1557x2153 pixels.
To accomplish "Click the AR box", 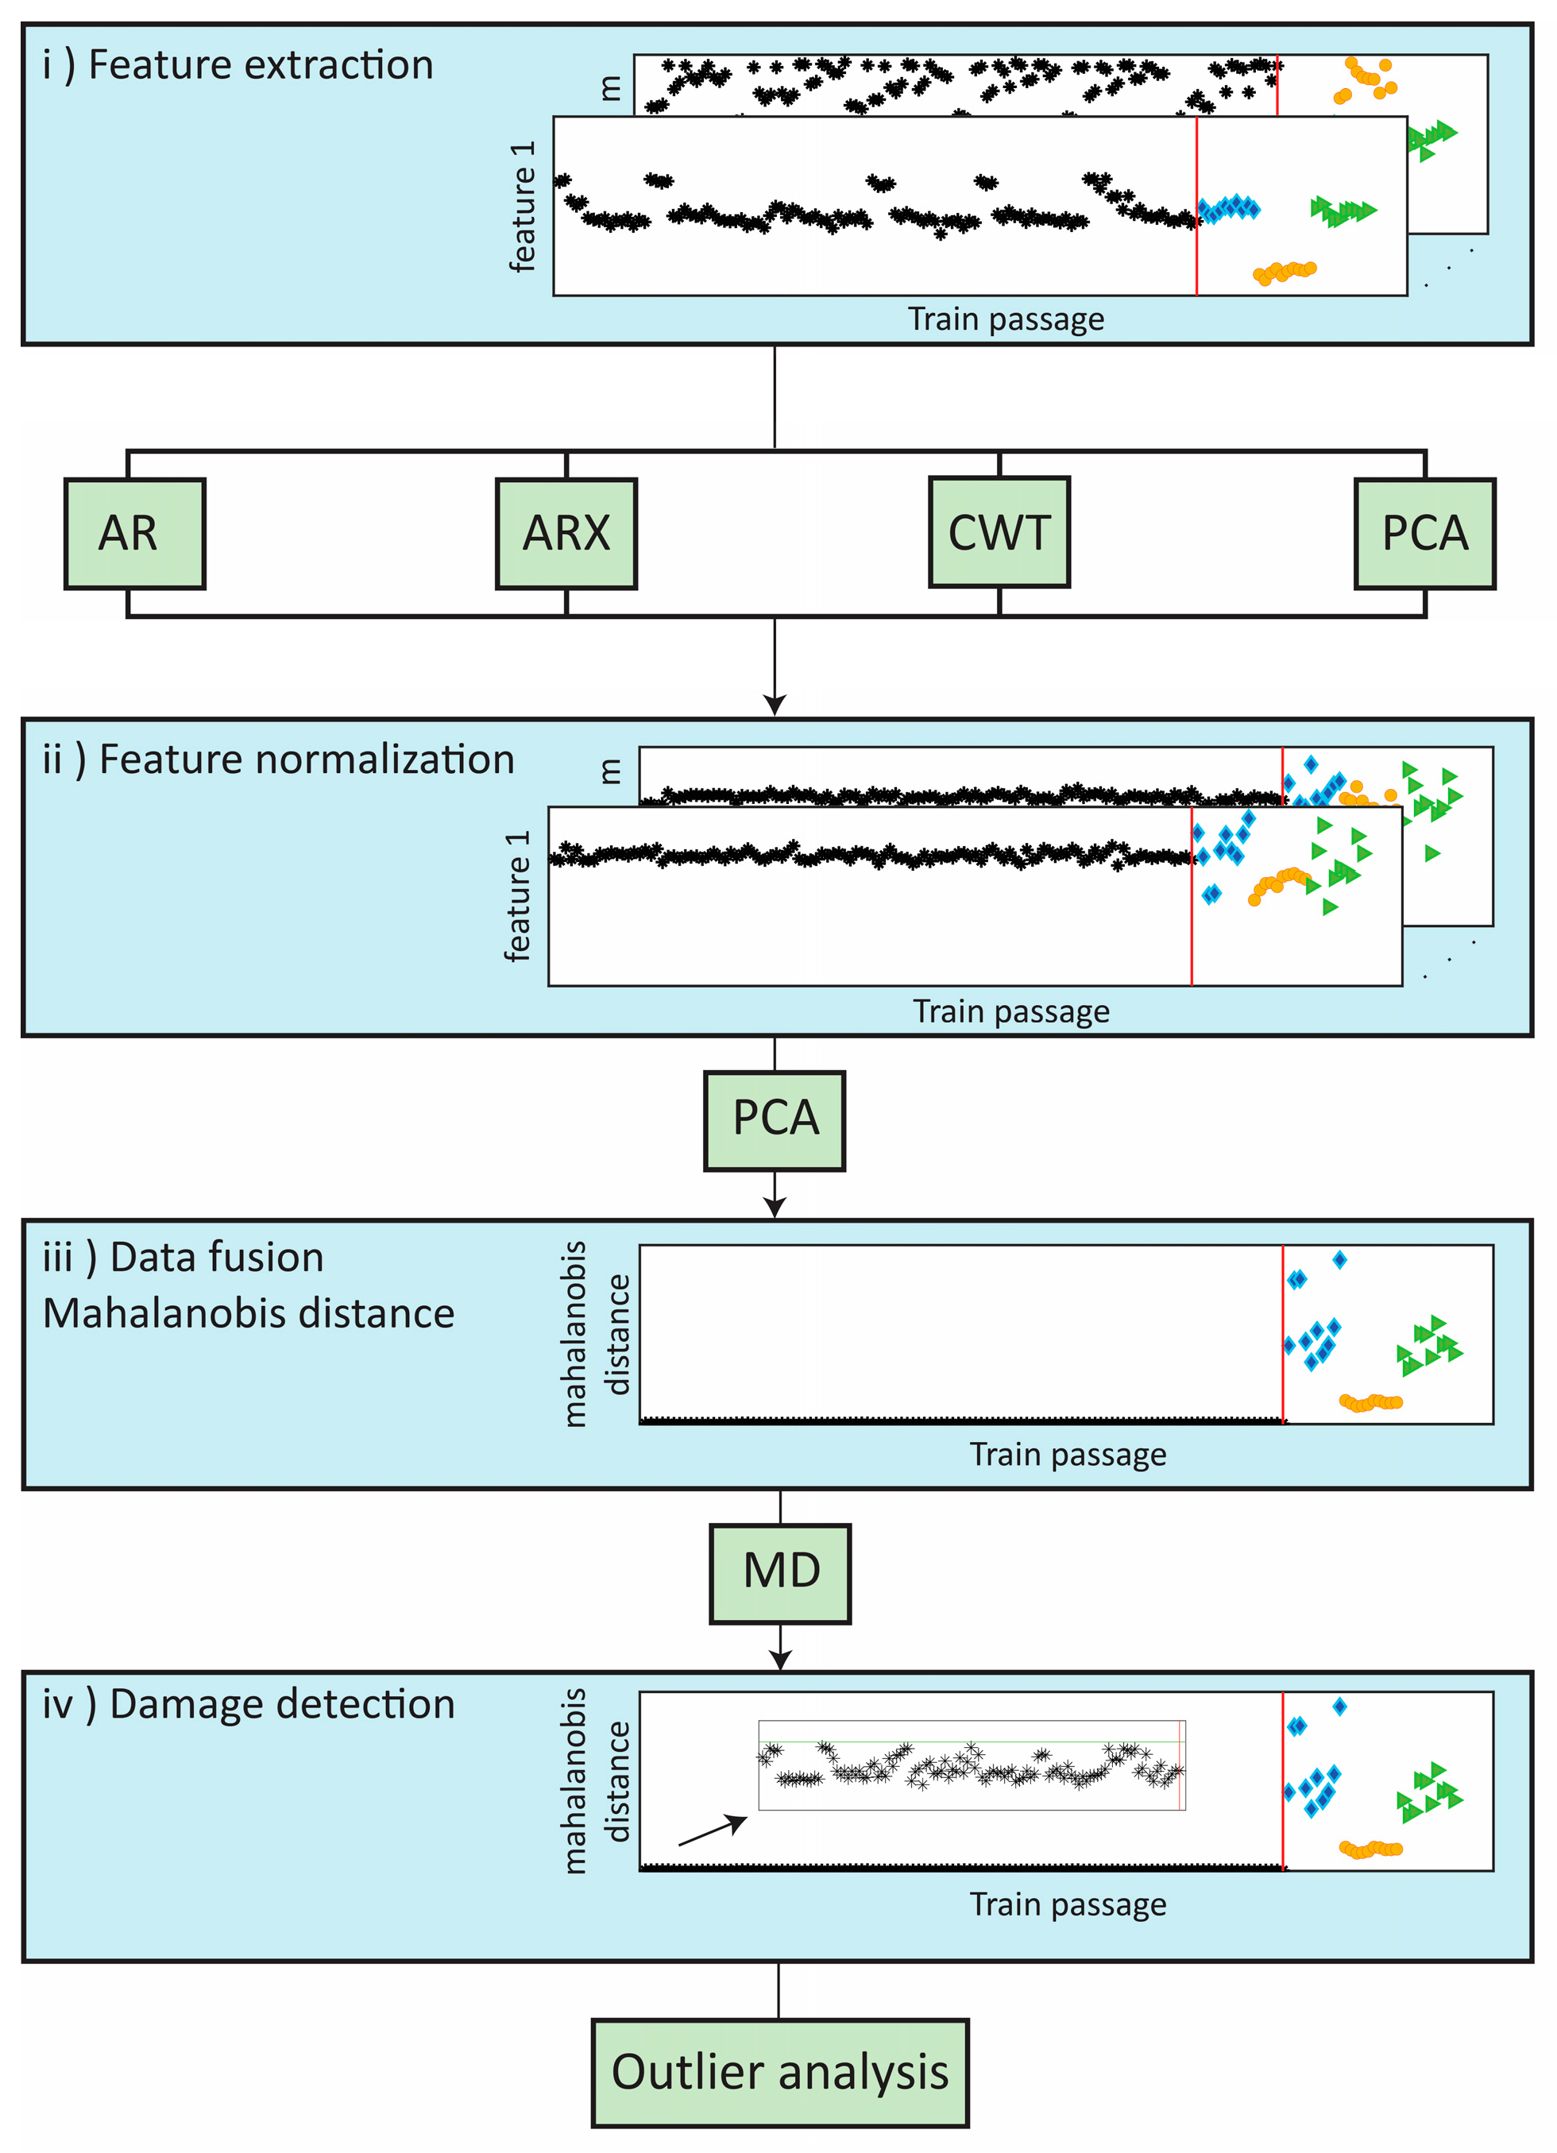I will click(135, 534).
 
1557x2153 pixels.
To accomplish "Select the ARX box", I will click(566, 534).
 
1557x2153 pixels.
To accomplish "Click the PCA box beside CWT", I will click(1424, 534).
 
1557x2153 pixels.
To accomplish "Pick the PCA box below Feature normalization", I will click(775, 1120).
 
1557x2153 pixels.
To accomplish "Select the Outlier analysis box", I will click(779, 2074).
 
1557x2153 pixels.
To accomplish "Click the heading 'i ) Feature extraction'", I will click(238, 65).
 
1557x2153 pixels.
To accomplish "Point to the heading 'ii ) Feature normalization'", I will click(277, 760).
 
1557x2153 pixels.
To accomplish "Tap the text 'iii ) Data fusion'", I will click(184, 1258).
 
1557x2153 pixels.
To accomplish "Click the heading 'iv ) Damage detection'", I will click(248, 1704).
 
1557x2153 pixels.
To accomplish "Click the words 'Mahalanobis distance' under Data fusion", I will click(249, 1314).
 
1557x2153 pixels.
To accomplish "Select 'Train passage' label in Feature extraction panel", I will click(1006, 319).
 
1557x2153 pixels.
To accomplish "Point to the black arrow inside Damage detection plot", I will click(712, 1830).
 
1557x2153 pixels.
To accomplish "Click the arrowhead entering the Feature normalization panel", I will click(775, 705).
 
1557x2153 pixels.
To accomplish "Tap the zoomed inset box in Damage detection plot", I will click(972, 1765).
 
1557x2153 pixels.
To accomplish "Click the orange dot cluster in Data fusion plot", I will click(1370, 1402).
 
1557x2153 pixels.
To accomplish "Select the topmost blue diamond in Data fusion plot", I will click(1339, 1260).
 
